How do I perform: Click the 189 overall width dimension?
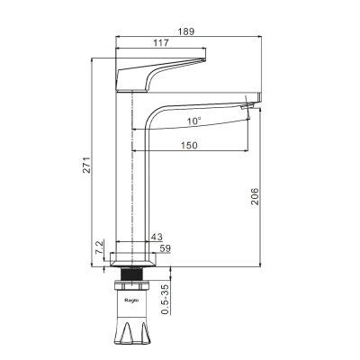(x=186, y=31)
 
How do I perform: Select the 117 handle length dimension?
(x=161, y=43)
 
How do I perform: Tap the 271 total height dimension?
(x=86, y=165)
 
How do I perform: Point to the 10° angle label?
(x=194, y=121)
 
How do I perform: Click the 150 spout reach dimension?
(x=190, y=146)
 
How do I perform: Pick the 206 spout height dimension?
(x=255, y=196)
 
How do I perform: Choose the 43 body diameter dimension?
(x=157, y=237)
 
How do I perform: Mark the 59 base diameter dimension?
(x=165, y=248)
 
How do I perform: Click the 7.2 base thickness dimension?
(x=99, y=247)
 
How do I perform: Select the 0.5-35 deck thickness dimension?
(x=166, y=299)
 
